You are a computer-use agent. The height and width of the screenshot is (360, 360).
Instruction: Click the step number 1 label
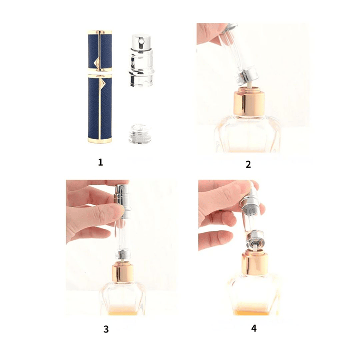pyautogui.click(x=100, y=163)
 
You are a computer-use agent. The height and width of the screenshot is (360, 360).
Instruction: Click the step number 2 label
pyautogui.click(x=248, y=164)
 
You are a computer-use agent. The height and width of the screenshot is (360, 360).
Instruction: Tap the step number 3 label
pyautogui.click(x=106, y=329)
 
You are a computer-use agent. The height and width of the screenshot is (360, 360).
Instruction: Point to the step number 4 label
pyautogui.click(x=254, y=328)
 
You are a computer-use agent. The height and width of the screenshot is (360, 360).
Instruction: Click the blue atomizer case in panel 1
pyautogui.click(x=100, y=87)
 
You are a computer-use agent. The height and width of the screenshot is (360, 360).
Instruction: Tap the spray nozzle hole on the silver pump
pyautogui.click(x=143, y=42)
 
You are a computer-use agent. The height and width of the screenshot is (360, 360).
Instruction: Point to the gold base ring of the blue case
pyautogui.click(x=100, y=141)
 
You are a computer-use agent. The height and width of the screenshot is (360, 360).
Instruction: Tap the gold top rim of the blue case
pyautogui.click(x=100, y=32)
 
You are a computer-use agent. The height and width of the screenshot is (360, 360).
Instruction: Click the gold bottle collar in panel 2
pyautogui.click(x=249, y=103)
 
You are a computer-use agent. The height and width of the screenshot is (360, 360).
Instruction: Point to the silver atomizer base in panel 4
pyautogui.click(x=255, y=240)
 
